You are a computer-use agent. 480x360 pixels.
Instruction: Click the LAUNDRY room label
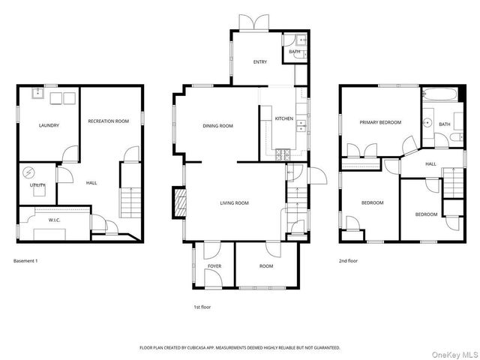coord(49,125)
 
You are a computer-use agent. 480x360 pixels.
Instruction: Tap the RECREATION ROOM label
coord(109,121)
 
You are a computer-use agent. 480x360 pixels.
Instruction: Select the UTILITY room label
coord(37,184)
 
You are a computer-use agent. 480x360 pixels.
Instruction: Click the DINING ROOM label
coord(218,126)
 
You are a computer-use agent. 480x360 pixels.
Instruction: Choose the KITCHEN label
coord(283,118)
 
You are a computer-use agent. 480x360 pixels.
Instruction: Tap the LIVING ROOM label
coord(234,202)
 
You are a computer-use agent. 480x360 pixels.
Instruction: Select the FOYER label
coord(214,266)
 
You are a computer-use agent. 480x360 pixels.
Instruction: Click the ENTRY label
coord(259,62)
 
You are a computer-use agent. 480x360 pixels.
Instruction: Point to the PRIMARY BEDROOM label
coord(379,122)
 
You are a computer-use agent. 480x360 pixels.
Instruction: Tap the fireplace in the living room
coord(180,202)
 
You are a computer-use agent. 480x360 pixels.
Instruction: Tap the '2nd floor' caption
coord(348,260)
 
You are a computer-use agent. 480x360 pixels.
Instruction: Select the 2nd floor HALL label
coord(430,163)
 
